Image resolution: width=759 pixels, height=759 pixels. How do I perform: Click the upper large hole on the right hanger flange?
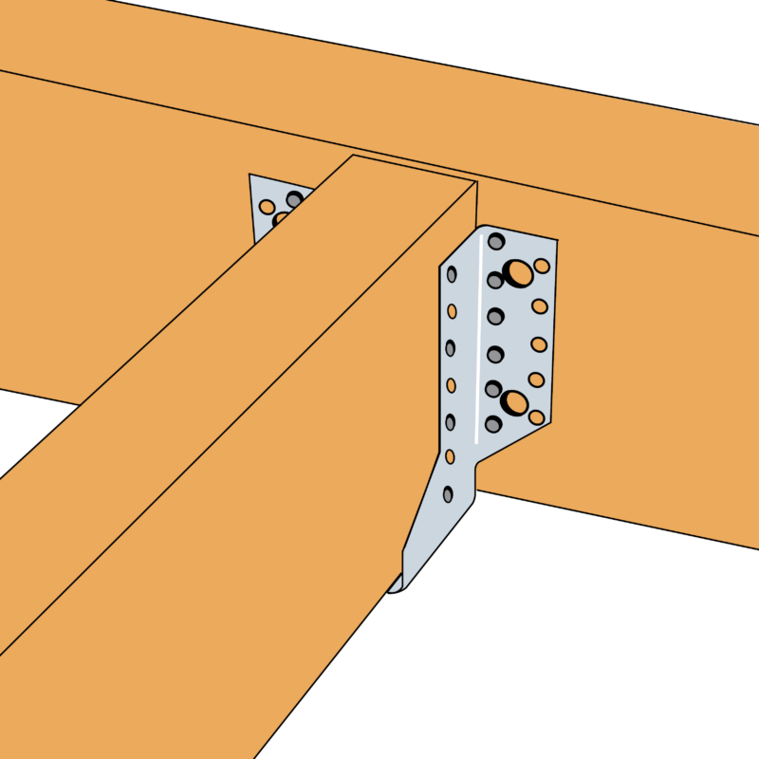pyautogui.click(x=518, y=273)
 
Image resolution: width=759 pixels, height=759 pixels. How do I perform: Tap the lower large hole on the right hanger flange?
pyautogui.click(x=514, y=402)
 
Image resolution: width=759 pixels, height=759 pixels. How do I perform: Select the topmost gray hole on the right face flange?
pyautogui.click(x=495, y=242)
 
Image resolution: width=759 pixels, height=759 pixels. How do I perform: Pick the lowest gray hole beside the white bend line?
pyautogui.click(x=492, y=424)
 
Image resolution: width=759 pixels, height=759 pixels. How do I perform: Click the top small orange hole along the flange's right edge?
pyautogui.click(x=542, y=267)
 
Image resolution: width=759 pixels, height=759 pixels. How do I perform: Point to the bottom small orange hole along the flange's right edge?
pyautogui.click(x=536, y=417)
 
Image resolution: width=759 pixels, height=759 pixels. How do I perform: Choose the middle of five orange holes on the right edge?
pyautogui.click(x=539, y=343)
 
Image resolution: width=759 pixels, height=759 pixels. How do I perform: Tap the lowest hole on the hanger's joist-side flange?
pyautogui.click(x=448, y=494)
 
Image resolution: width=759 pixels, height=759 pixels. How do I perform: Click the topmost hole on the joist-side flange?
pyautogui.click(x=452, y=275)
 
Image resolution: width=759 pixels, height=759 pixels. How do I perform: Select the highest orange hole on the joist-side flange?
pyautogui.click(x=452, y=311)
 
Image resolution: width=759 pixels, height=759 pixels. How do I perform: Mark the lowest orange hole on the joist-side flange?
pyautogui.click(x=450, y=457)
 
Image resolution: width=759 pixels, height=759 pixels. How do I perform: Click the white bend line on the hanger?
pyautogui.click(x=477, y=342)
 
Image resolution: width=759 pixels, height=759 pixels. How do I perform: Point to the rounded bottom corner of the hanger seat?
pyautogui.click(x=398, y=587)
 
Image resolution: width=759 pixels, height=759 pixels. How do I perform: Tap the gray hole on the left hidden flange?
pyautogui.click(x=295, y=199)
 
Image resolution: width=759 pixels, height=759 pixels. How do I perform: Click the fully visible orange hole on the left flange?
pyautogui.click(x=268, y=207)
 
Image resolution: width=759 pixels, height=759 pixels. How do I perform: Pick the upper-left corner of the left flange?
pyautogui.click(x=250, y=175)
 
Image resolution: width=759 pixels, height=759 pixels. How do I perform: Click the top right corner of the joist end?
pyautogui.click(x=476, y=181)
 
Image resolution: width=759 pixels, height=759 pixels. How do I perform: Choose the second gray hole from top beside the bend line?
pyautogui.click(x=494, y=281)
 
